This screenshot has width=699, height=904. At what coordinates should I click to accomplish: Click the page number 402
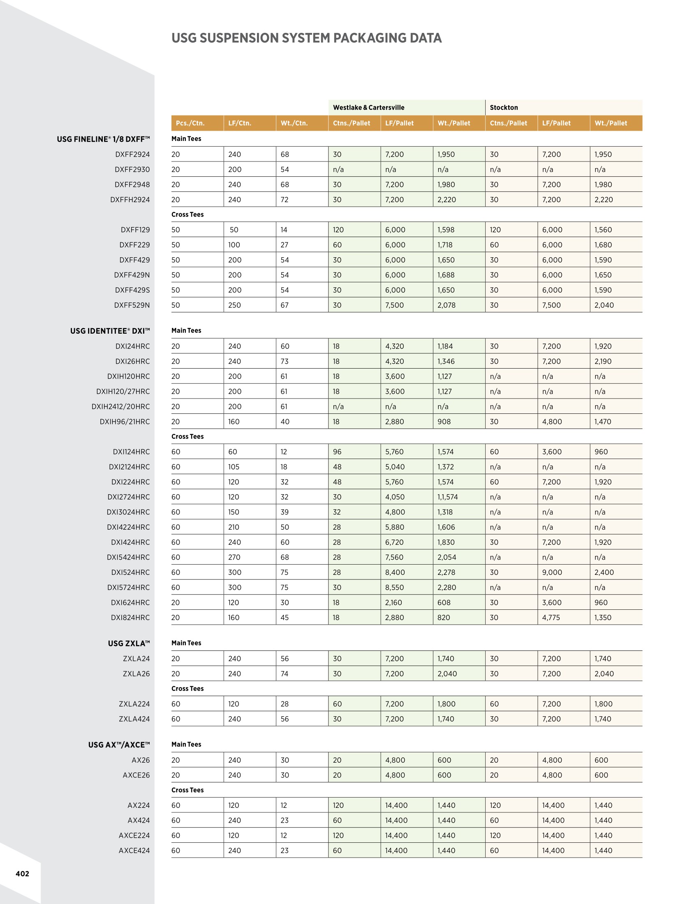(x=22, y=874)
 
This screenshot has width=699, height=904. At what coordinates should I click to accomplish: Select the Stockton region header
(x=504, y=108)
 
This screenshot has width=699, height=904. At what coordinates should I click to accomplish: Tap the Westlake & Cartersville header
(x=368, y=108)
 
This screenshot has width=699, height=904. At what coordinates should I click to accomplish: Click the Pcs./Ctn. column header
(x=190, y=123)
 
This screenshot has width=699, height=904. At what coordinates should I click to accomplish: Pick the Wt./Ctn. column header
(x=294, y=123)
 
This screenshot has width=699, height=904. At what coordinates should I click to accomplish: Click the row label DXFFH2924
(x=130, y=200)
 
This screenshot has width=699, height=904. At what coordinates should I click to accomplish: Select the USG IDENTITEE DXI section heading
(x=110, y=331)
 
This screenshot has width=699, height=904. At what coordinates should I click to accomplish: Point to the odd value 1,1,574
(x=447, y=497)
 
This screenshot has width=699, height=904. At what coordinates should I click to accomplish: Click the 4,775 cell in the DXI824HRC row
(x=551, y=618)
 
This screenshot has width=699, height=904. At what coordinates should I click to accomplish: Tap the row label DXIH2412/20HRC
(x=120, y=406)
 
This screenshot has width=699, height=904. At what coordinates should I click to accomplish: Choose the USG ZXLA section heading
(x=129, y=643)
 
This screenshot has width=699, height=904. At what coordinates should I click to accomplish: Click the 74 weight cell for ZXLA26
(x=285, y=674)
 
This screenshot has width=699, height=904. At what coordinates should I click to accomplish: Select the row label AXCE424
(x=134, y=851)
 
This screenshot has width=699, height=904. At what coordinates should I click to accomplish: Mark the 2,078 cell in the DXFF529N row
(x=447, y=305)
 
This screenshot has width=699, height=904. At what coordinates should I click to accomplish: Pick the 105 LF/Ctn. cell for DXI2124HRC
(x=234, y=467)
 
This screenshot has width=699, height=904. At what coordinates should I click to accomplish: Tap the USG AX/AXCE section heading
(x=119, y=745)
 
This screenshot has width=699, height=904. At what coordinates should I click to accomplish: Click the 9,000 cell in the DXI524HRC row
(x=552, y=572)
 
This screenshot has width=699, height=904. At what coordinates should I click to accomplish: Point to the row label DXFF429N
(x=132, y=275)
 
